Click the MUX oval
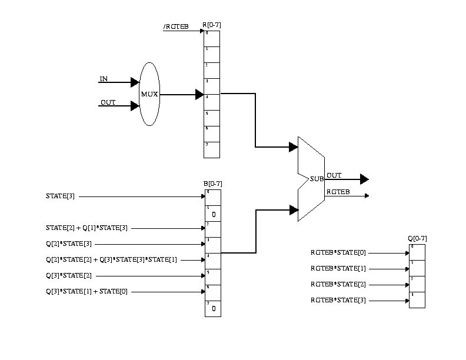click(x=149, y=94)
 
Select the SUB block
click(x=311, y=179)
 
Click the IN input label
click(x=104, y=79)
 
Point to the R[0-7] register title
click(x=212, y=25)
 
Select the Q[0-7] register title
click(x=417, y=238)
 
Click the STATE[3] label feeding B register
click(x=60, y=196)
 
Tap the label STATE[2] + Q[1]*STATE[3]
click(x=86, y=228)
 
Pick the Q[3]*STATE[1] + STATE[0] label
click(x=86, y=291)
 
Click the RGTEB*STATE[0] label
click(x=338, y=253)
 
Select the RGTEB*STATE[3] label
click(x=338, y=301)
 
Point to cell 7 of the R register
click(x=212, y=150)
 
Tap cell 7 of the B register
click(x=213, y=308)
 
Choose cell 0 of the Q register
click(x=417, y=252)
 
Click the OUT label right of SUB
click(x=334, y=175)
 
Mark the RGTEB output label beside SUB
click(x=338, y=192)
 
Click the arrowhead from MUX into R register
click(x=199, y=94)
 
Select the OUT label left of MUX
click(x=108, y=102)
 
